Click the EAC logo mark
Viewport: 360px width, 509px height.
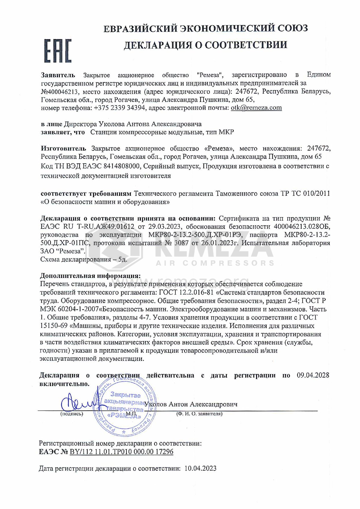[x=58, y=51]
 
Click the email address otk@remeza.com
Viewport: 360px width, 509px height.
[x=256, y=108]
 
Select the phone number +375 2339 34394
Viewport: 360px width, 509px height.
[x=120, y=108]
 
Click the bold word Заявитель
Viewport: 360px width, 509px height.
[x=58, y=75]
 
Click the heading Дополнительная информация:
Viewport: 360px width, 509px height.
[x=90, y=275]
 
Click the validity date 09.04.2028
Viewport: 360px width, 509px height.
[x=313, y=375]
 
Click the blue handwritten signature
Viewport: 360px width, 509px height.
[x=76, y=402]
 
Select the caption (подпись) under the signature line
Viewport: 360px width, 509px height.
[x=72, y=414]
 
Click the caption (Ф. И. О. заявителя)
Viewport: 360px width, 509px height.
[x=199, y=414]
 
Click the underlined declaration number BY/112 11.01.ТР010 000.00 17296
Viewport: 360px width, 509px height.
[x=121, y=452]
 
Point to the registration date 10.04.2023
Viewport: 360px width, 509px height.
[x=200, y=468]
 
